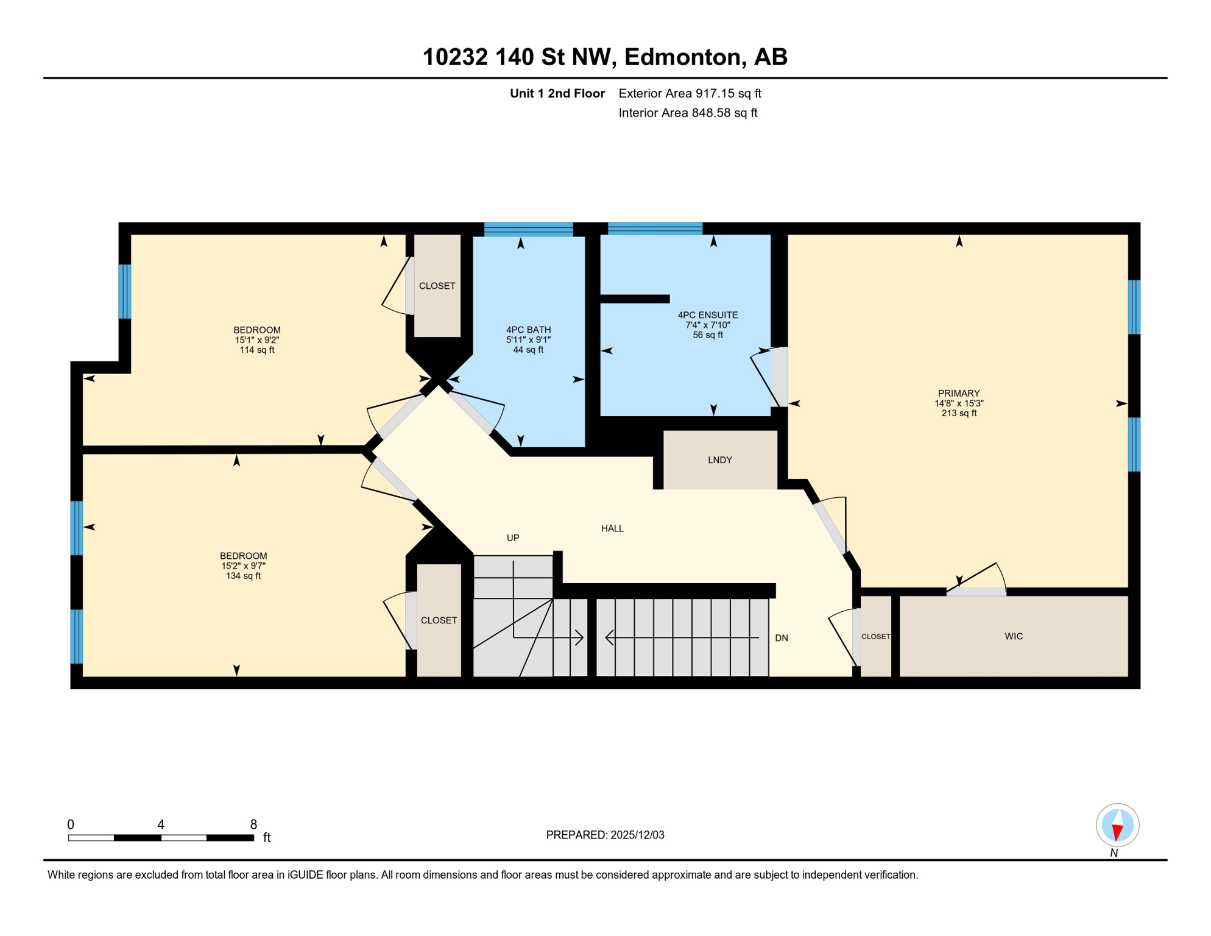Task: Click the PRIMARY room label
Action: coord(959,393)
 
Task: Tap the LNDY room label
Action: coord(719,460)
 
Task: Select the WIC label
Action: coord(1014,636)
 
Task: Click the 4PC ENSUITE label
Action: coord(707,315)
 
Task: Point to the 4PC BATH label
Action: coord(528,330)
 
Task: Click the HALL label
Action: coord(612,528)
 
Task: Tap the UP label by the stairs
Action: coord(513,537)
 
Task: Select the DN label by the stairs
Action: coord(782,638)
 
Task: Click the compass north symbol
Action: coord(1117,826)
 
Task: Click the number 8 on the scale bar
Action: coord(253,824)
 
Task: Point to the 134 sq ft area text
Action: coord(243,576)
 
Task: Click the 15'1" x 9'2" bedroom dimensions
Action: coord(256,340)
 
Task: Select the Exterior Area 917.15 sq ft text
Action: coord(690,93)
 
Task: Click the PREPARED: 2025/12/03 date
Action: coord(605,835)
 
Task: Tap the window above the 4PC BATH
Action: coord(528,229)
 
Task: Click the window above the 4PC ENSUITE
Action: coord(655,229)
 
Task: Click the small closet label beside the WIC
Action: coord(875,636)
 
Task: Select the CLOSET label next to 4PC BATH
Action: coord(437,286)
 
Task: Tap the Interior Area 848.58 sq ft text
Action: coord(688,113)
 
